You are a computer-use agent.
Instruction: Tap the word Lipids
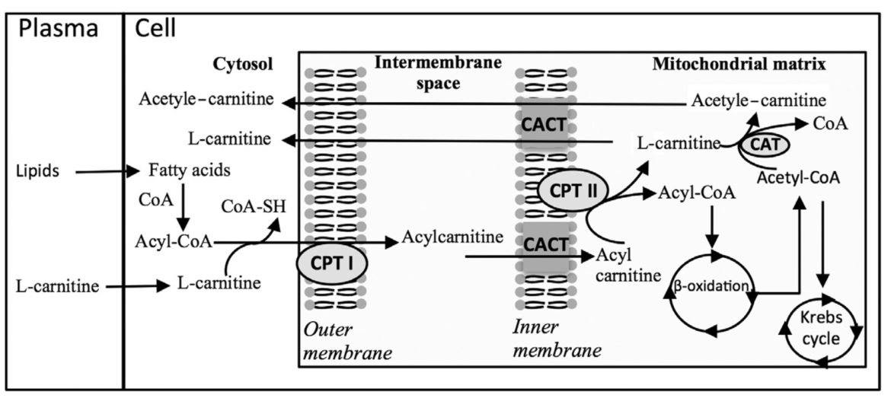click(37, 172)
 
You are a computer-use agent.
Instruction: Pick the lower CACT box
click(544, 245)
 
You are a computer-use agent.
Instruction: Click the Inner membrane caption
click(553, 342)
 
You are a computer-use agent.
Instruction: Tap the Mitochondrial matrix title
click(739, 65)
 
